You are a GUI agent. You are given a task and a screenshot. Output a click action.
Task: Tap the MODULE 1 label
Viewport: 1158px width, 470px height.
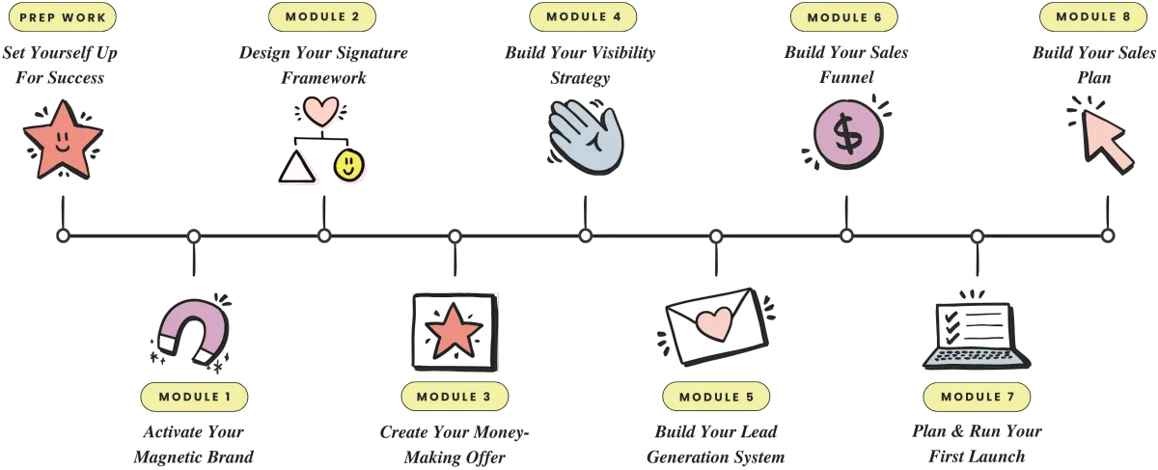coord(194,397)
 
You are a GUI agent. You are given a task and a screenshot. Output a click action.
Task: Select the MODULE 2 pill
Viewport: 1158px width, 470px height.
coord(322,17)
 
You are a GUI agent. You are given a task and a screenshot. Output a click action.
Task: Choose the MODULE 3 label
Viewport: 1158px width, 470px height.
coord(455,397)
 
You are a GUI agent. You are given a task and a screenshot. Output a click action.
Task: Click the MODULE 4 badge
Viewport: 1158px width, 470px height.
coord(583,17)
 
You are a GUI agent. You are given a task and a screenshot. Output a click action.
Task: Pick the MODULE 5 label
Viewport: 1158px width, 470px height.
coord(716,397)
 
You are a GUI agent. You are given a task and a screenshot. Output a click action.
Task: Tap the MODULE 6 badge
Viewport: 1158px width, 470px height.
coord(843,17)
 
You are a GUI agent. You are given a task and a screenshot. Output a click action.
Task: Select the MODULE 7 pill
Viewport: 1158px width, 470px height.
coord(977,397)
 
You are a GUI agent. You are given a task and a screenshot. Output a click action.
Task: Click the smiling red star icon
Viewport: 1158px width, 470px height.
coord(63,141)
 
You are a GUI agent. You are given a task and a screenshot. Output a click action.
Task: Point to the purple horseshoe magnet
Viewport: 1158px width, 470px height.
coord(195,330)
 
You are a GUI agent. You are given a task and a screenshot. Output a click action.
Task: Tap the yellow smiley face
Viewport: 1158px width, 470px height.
coord(349,166)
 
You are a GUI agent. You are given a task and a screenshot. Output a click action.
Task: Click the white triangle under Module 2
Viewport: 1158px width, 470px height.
coord(297,169)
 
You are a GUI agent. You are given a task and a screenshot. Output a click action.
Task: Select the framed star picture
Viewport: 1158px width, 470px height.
coord(454,330)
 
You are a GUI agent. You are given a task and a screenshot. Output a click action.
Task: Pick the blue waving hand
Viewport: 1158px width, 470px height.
coord(588,136)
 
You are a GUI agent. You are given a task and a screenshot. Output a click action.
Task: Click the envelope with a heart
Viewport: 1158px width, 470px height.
coord(716,325)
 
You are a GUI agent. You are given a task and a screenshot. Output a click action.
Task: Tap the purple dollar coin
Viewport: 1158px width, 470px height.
coord(846,134)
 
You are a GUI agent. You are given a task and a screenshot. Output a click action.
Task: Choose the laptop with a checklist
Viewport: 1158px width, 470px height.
coord(976,334)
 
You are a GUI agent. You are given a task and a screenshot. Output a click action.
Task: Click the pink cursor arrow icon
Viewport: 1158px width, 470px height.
coord(1104,138)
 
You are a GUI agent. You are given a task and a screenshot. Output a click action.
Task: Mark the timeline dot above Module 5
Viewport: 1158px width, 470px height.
coord(716,235)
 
